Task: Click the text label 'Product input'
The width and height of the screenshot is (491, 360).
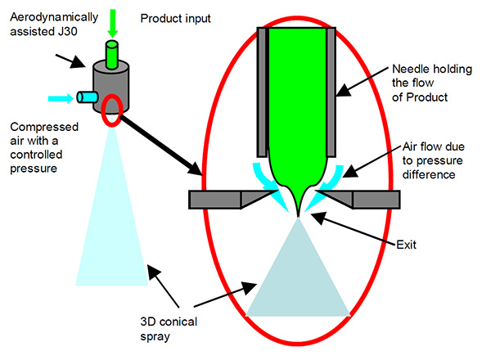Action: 175,19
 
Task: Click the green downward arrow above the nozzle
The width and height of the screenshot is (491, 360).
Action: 112,24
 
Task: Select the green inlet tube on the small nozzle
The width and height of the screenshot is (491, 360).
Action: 112,54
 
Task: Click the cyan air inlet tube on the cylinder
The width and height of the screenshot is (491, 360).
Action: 88,97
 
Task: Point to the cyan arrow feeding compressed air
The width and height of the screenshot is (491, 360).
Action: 61,98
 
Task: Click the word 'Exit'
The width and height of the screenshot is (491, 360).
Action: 406,245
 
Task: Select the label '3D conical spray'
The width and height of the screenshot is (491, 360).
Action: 169,329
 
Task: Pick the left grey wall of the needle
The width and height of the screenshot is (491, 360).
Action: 263,92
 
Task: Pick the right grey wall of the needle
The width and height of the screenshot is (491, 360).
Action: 331,92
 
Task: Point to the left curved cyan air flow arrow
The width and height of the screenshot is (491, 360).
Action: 268,186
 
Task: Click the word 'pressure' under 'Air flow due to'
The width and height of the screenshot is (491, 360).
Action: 432,160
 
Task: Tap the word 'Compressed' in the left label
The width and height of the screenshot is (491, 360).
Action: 44,127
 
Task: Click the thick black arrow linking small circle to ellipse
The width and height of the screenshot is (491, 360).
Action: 161,146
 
